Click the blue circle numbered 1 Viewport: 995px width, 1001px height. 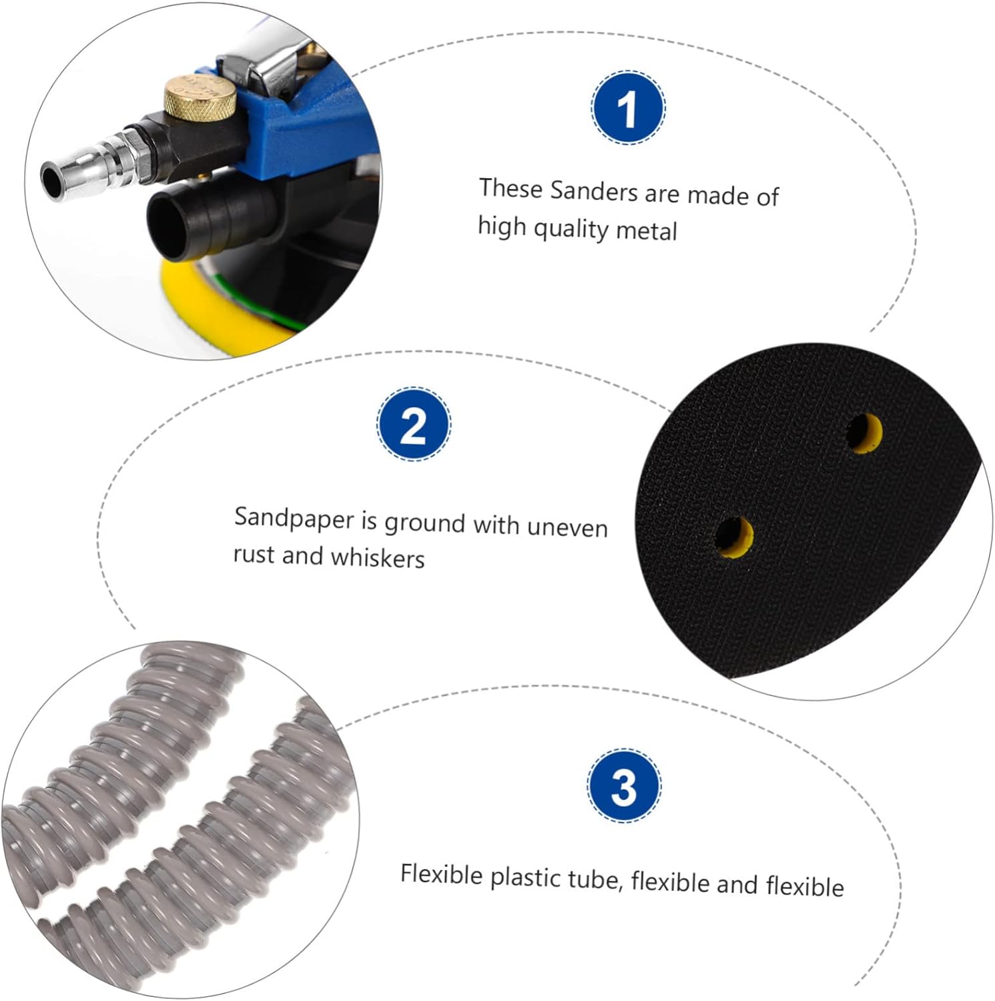tap(628, 107)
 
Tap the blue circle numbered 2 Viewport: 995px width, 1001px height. tap(414, 424)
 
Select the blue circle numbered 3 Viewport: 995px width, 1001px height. tap(624, 785)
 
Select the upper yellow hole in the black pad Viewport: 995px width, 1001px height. tap(865, 433)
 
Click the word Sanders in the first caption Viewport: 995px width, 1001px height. tap(593, 192)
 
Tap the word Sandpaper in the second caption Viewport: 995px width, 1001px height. tap(294, 519)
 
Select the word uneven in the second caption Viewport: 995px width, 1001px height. tap(567, 527)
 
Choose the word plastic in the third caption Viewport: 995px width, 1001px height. tap(526, 878)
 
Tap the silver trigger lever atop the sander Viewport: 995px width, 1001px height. tap(267, 60)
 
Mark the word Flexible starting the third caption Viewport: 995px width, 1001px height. tap(441, 874)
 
